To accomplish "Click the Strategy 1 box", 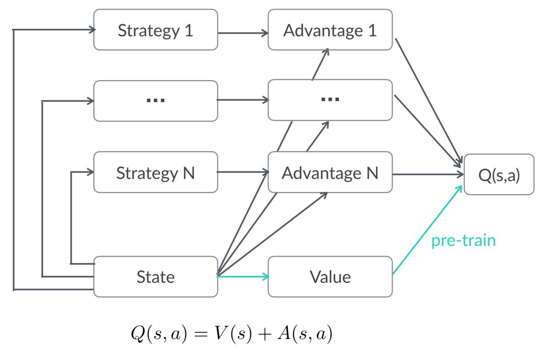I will (x=155, y=30).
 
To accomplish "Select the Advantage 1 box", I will (x=330, y=30).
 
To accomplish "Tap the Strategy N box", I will (x=155, y=173).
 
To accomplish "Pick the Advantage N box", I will (x=330, y=173).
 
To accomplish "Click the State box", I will (x=155, y=277).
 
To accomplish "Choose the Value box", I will (x=330, y=277).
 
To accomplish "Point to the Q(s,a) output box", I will (x=499, y=174).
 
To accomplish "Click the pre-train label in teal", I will (x=463, y=241).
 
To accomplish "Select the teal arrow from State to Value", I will (x=242, y=276).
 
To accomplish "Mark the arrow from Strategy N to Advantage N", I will (x=242, y=173).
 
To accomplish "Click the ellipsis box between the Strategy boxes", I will (x=155, y=100).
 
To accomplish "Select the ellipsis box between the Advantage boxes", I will (x=330, y=100).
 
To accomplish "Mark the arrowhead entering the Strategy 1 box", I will (x=92, y=30).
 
